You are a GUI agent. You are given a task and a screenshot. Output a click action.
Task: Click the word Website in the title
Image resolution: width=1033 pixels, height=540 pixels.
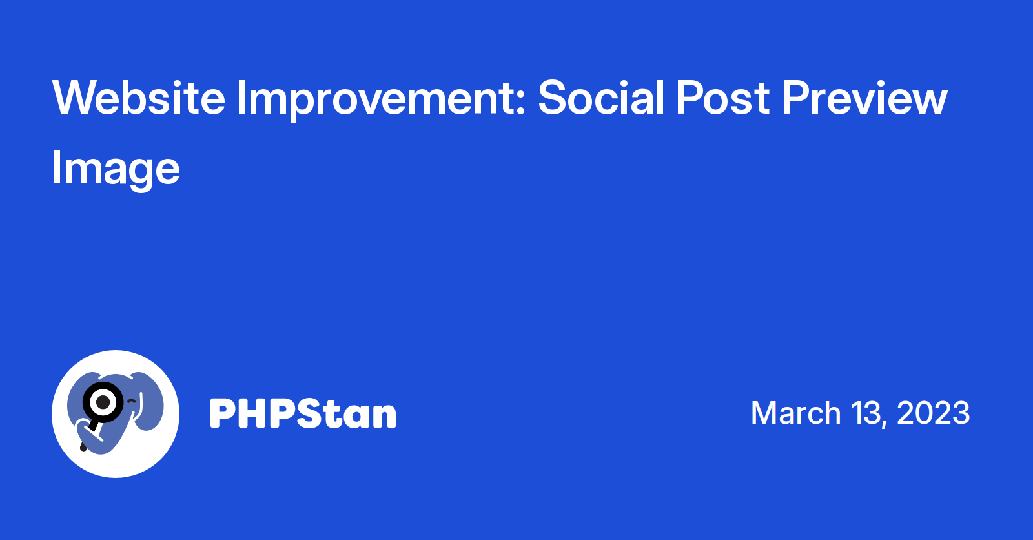[x=139, y=98]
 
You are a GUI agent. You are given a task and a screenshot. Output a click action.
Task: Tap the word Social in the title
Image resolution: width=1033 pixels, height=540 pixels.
[x=601, y=97]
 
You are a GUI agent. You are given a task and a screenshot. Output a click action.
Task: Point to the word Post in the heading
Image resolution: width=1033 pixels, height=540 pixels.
[x=722, y=98]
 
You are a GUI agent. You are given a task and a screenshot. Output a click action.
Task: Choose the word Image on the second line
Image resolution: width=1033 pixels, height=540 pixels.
[x=116, y=170]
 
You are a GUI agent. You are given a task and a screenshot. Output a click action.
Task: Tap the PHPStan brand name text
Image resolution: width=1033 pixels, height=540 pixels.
[x=303, y=413]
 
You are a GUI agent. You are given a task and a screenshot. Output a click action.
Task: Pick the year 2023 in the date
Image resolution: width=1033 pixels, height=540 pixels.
[x=934, y=413]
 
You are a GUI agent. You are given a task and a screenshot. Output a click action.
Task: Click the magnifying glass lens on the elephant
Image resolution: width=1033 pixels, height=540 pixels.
[x=103, y=402]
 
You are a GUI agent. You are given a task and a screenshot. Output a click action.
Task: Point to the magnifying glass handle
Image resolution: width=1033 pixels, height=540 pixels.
[x=90, y=436]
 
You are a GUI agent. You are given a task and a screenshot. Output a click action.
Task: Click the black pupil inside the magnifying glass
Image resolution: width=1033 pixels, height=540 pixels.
[x=103, y=402]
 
